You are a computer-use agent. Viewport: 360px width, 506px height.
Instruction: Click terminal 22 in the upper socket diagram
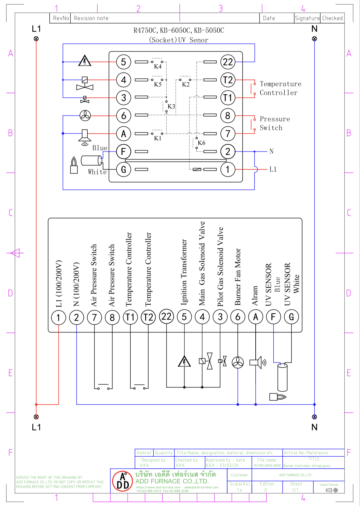point(228,62)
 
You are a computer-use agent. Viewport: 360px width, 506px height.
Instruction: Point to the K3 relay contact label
point(171,106)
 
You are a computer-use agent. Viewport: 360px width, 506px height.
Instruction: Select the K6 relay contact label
point(201,143)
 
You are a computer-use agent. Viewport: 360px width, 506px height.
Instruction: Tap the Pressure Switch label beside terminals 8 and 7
point(275,123)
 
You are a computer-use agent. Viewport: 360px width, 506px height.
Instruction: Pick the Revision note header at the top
point(91,18)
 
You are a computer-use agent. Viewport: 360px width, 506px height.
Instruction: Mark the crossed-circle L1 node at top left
point(36,39)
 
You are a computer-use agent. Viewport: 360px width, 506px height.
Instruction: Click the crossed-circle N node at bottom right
point(315,417)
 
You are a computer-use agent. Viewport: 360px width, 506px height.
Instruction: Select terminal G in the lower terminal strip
point(291,317)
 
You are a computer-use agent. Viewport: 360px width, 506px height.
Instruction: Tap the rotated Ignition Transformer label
point(184,272)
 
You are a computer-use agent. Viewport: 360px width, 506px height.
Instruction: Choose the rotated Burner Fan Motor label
point(238,277)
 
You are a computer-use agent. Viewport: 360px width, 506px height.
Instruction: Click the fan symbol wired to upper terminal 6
point(85,115)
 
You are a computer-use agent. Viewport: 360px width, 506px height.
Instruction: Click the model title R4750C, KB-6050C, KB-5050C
point(179,30)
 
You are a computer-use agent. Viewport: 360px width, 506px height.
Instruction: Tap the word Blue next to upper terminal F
point(100,148)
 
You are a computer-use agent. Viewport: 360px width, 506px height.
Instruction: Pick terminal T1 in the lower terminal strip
point(130,317)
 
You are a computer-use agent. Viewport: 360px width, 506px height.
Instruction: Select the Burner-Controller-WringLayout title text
point(307,466)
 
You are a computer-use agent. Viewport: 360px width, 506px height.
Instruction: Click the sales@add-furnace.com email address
point(201,487)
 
